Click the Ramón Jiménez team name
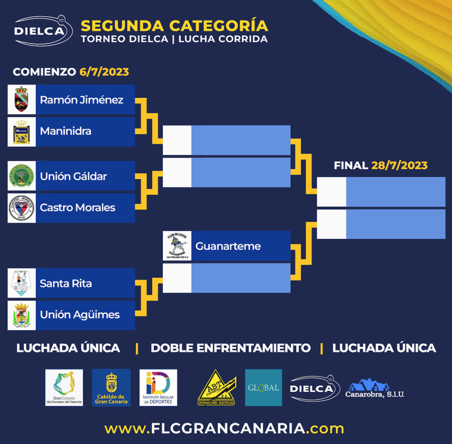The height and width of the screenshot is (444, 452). pyautogui.click(x=82, y=99)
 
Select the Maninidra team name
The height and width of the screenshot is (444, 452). pyautogui.click(x=65, y=131)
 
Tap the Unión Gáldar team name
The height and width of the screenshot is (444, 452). pyautogui.click(x=73, y=176)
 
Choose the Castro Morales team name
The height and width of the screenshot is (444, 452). pyautogui.click(x=77, y=208)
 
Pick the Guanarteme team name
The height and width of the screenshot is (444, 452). pyautogui.click(x=228, y=246)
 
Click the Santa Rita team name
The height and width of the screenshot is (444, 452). pyautogui.click(x=65, y=284)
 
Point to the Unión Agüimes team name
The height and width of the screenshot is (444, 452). pyautogui.click(x=80, y=315)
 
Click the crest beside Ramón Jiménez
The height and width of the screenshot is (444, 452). pyautogui.click(x=21, y=99)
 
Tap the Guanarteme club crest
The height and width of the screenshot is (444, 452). pyautogui.click(x=177, y=246)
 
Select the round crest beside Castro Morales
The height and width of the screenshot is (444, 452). pyautogui.click(x=21, y=208)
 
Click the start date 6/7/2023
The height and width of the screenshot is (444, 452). pyautogui.click(x=104, y=72)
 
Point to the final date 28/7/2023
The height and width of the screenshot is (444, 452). pyautogui.click(x=399, y=166)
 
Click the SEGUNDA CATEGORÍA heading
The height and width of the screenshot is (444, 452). pyautogui.click(x=174, y=25)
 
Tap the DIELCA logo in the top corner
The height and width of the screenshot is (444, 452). pyautogui.click(x=43, y=31)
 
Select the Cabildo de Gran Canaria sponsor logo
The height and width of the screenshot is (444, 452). pyautogui.click(x=111, y=388)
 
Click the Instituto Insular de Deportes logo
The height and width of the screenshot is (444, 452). pyautogui.click(x=158, y=388)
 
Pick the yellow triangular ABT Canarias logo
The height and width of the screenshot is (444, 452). pyautogui.click(x=217, y=388)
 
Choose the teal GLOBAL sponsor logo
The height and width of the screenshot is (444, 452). pyautogui.click(x=263, y=388)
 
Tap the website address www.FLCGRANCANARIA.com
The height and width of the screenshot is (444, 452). pyautogui.click(x=224, y=429)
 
